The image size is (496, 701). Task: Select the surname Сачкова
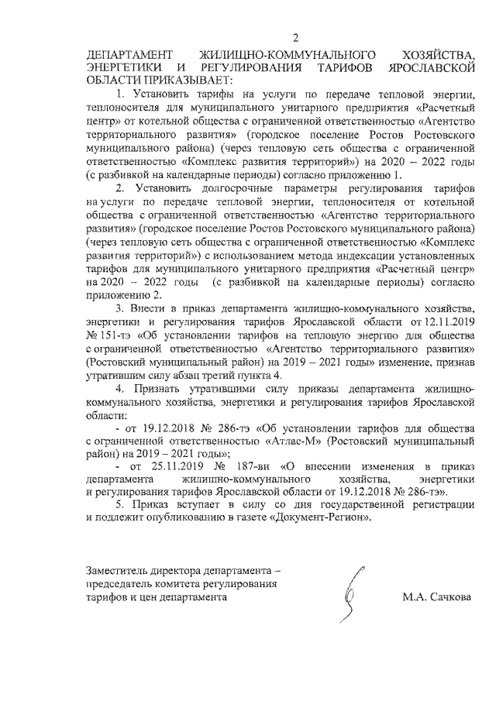449,598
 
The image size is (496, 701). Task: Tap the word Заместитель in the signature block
117,571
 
